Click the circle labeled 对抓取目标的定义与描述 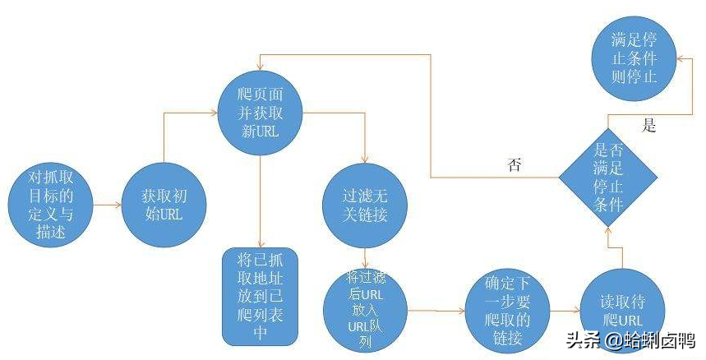point(50,205)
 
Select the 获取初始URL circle point(164,205)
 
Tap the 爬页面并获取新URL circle point(261,113)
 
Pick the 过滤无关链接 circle point(365,205)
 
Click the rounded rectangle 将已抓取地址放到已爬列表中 point(261,297)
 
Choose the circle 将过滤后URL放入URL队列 point(365,310)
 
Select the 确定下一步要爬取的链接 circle point(507,311)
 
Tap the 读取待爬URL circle point(622,311)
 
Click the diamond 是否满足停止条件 point(608,178)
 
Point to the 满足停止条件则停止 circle point(634,58)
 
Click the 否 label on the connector point(515,164)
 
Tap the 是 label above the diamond point(648,126)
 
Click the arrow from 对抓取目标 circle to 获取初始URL point(107,205)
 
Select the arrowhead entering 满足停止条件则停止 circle point(680,58)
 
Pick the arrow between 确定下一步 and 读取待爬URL point(565,311)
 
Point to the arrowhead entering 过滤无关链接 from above point(365,159)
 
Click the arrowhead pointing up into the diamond point(608,230)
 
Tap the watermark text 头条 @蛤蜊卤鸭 point(631,340)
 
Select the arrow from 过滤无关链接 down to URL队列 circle point(365,258)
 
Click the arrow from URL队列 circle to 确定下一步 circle point(436,311)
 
